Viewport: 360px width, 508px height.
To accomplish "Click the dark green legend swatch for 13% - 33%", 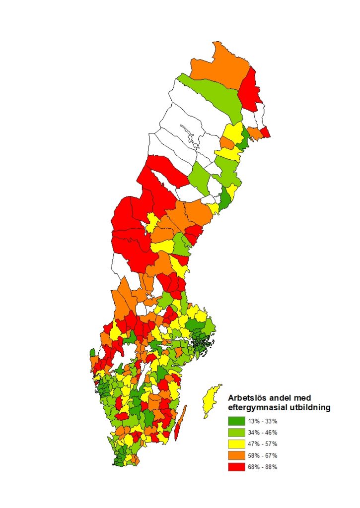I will pyautogui.click(x=236, y=421).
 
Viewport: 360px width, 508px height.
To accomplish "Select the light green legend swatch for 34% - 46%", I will pyautogui.click(x=236, y=432).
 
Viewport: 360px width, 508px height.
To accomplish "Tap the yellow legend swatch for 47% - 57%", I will pyautogui.click(x=236, y=444).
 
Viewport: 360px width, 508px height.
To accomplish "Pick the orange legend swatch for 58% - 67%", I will pyautogui.click(x=236, y=455).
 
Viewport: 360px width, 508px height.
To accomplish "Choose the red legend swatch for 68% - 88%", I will pyautogui.click(x=236, y=467).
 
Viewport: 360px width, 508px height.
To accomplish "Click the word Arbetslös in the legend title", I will pyautogui.click(x=247, y=398).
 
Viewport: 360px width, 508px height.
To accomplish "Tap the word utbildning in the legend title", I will pyautogui.click(x=308, y=408).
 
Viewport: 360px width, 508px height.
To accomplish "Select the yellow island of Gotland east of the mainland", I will pyautogui.click(x=211, y=401).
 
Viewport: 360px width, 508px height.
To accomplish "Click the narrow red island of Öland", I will pyautogui.click(x=181, y=422).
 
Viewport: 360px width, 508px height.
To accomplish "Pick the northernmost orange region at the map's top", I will pyautogui.click(x=218, y=64).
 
